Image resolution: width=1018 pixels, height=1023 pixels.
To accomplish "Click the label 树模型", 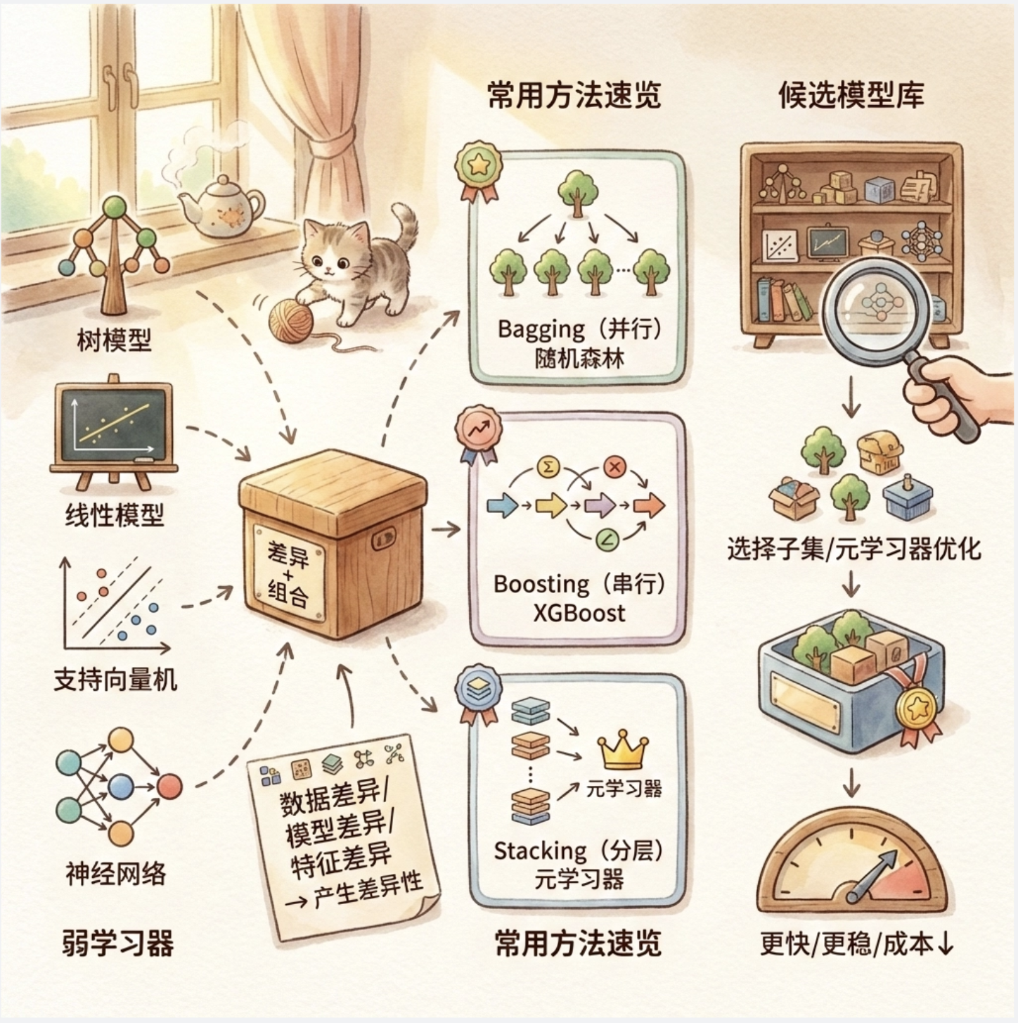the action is point(114,342).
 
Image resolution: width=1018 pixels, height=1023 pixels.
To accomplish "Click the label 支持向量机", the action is point(115,680).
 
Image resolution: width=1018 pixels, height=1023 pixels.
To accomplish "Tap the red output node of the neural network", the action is point(169,786).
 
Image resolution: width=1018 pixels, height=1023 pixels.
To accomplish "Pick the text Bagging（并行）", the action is point(579,329).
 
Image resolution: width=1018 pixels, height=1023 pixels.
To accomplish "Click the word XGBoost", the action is point(579,613).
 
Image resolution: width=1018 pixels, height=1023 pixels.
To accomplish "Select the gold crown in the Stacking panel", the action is point(621,751).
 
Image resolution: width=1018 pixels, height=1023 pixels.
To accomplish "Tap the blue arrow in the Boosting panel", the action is point(502,505).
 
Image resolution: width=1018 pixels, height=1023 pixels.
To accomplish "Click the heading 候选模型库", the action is point(851,96).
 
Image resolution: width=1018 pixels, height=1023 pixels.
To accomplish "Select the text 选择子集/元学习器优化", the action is point(853,549).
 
